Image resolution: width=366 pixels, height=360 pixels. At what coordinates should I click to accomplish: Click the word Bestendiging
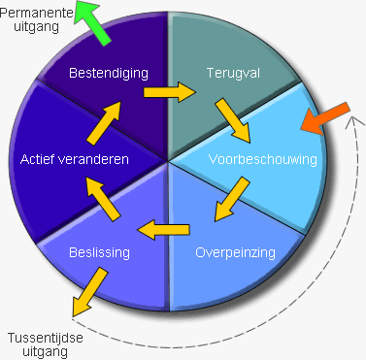[x=108, y=73]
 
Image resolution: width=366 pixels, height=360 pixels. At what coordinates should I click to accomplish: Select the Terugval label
[x=233, y=73]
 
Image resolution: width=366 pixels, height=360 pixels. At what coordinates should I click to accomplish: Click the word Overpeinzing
[x=235, y=252]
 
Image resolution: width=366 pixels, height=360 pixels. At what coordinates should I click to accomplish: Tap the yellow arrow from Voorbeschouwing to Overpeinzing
[x=230, y=202]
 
